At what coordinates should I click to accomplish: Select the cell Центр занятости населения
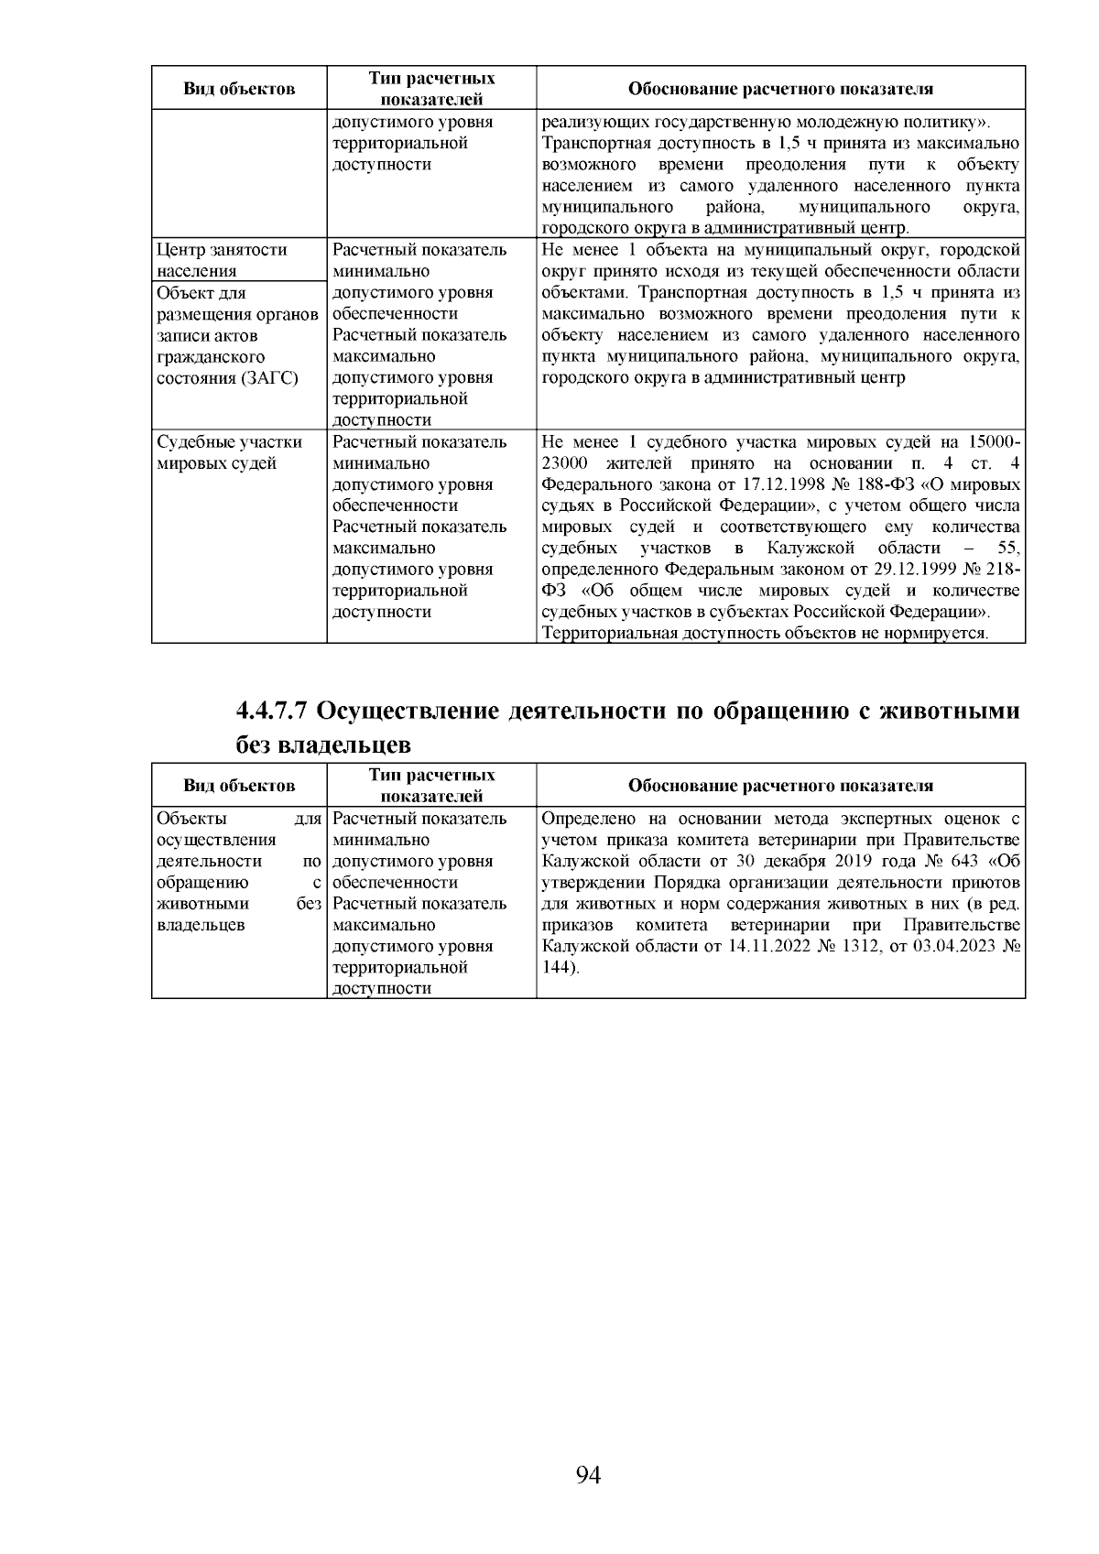pyautogui.click(x=222, y=260)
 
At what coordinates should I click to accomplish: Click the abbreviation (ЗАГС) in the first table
pyautogui.click(x=272, y=378)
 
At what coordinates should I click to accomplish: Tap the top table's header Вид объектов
pyautogui.click(x=239, y=89)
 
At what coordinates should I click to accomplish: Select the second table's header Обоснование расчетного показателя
pyautogui.click(x=780, y=786)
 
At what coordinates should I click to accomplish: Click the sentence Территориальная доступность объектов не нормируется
pyautogui.click(x=765, y=634)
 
